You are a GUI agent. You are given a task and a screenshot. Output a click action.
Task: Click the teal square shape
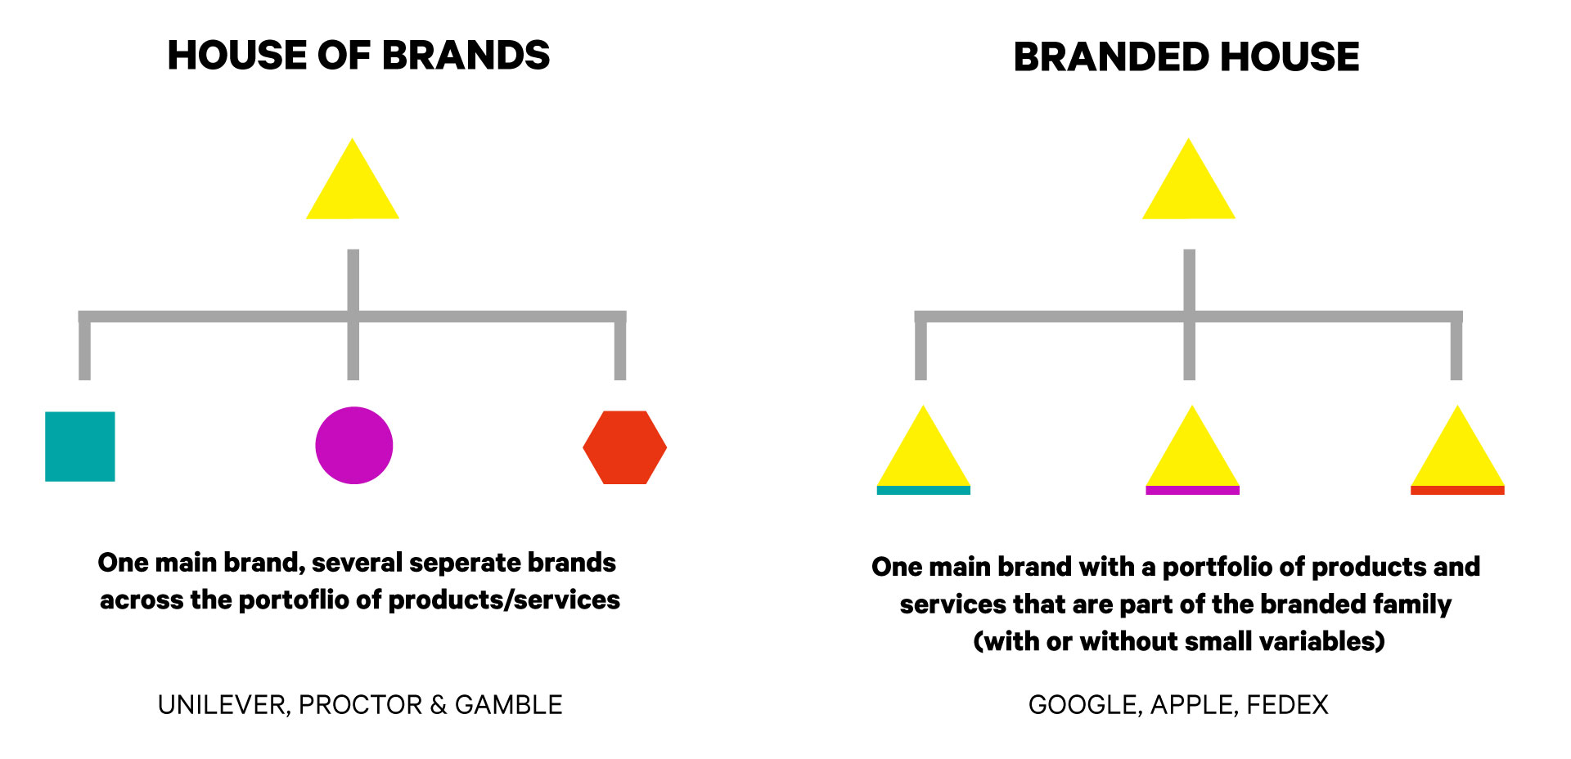(x=80, y=447)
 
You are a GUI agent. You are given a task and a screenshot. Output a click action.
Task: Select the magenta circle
(x=354, y=446)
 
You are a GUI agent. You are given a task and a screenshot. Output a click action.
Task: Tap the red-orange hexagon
(x=625, y=447)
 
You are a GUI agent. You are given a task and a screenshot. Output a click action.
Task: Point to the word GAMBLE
(x=508, y=705)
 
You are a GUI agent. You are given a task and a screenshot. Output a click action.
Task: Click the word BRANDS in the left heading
(x=466, y=56)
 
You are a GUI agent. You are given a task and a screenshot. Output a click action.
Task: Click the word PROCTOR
(x=360, y=705)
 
